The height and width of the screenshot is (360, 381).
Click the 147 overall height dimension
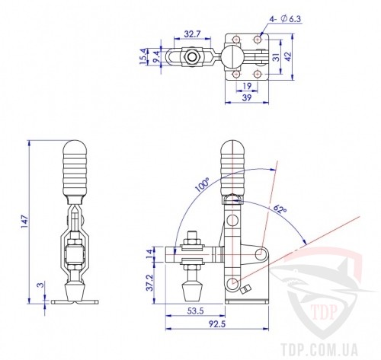pos(25,221)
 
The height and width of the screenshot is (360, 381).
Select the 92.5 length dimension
pos(216,324)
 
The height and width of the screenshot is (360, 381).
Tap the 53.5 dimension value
pos(195,311)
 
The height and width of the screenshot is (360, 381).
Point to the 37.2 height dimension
pos(150,282)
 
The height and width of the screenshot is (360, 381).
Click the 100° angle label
pos(203,185)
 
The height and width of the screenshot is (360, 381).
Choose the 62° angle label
pos(280,209)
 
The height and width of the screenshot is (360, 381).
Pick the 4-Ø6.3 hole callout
pos(285,19)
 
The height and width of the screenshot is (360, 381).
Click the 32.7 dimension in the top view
pos(192,34)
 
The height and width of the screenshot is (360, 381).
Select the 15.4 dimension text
pos(143,56)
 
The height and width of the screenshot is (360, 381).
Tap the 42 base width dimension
pos(288,56)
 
